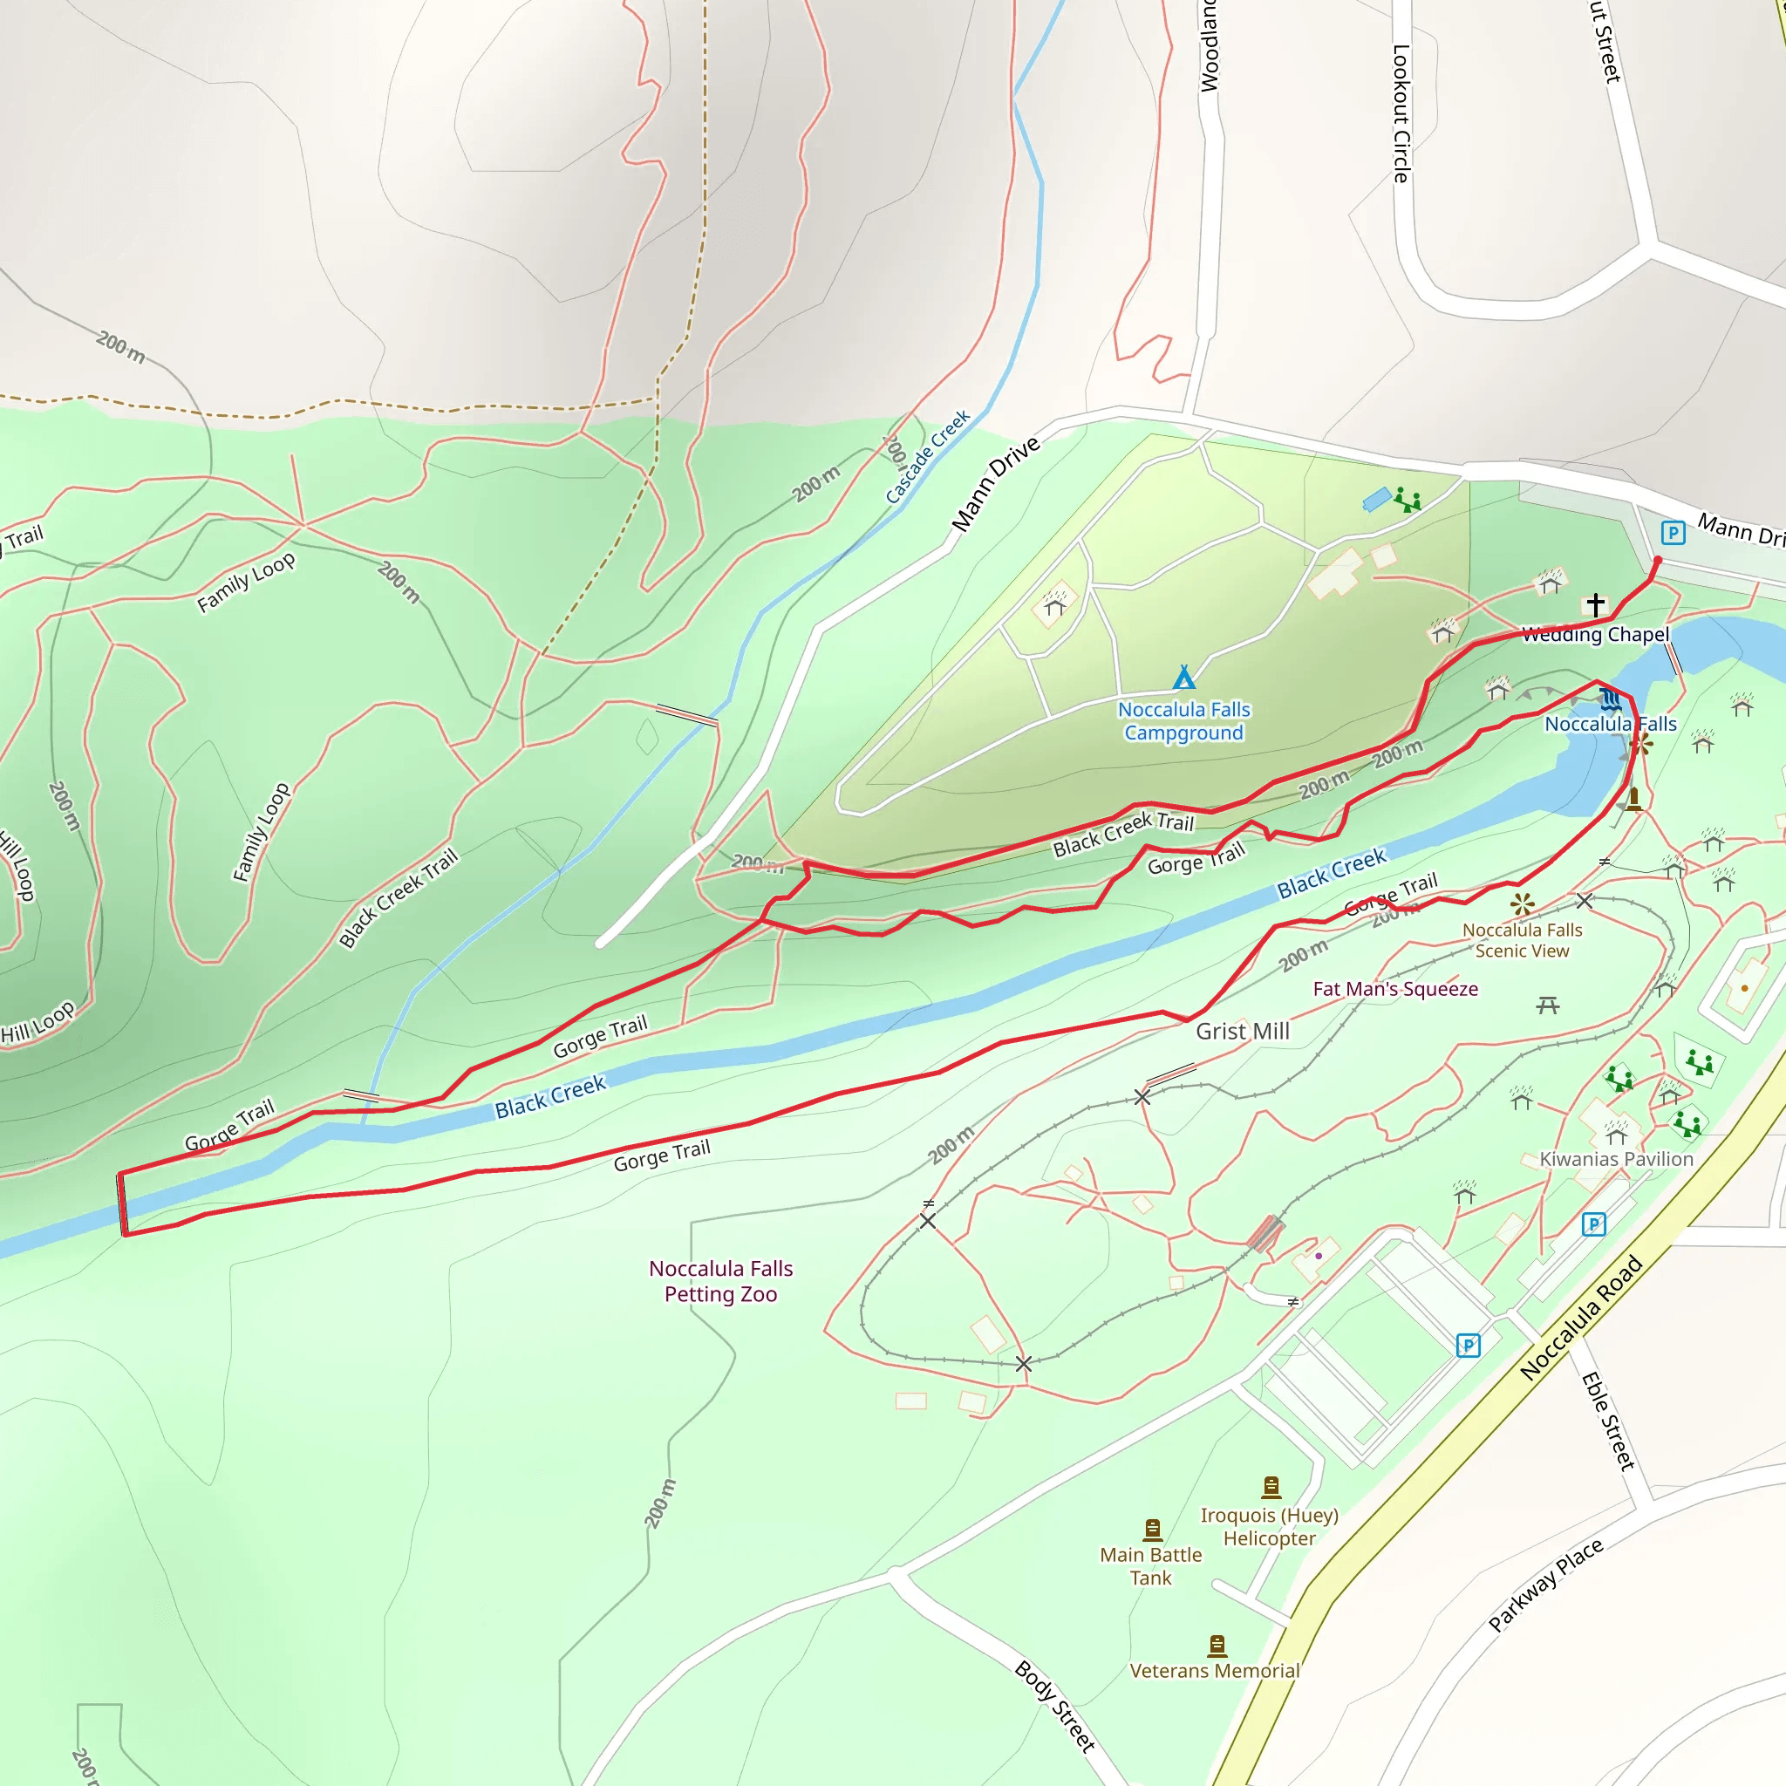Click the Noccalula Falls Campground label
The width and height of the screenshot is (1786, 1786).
pyautogui.click(x=1183, y=721)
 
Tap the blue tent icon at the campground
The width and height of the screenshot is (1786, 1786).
pyautogui.click(x=1184, y=678)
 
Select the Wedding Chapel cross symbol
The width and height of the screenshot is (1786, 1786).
pyautogui.click(x=1596, y=604)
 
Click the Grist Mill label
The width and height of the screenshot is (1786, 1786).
pyautogui.click(x=1243, y=1032)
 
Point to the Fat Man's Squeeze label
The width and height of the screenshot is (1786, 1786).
pyautogui.click(x=1395, y=989)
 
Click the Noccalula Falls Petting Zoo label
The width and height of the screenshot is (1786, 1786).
pyautogui.click(x=720, y=1281)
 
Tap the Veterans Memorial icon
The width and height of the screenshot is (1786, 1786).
pyautogui.click(x=1217, y=1646)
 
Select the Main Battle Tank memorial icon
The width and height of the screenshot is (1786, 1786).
pyautogui.click(x=1152, y=1530)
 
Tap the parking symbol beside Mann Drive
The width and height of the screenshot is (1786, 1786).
pyautogui.click(x=1673, y=533)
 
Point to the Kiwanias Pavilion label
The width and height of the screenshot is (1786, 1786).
pyautogui.click(x=1616, y=1159)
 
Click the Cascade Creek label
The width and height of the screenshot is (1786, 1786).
pyautogui.click(x=927, y=457)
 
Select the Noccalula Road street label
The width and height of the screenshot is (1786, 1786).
pyautogui.click(x=1581, y=1318)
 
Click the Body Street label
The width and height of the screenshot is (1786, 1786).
pyautogui.click(x=1055, y=1706)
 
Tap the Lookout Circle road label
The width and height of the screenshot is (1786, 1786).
pyautogui.click(x=1401, y=112)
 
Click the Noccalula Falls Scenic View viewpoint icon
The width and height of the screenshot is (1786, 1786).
pyautogui.click(x=1522, y=904)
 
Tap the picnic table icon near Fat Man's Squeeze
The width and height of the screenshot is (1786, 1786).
pyautogui.click(x=1549, y=1005)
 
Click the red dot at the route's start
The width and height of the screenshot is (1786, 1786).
pyautogui.click(x=1657, y=561)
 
